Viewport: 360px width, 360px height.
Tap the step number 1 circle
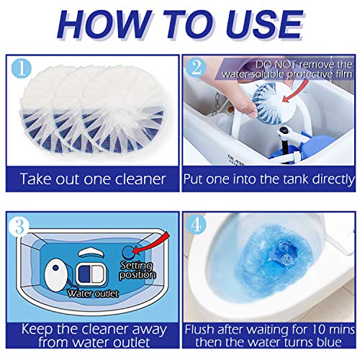(22, 68)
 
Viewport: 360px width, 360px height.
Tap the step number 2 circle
(197, 67)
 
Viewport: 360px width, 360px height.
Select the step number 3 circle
(19, 226)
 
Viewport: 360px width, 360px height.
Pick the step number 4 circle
(196, 225)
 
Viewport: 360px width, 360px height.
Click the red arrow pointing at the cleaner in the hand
(296, 91)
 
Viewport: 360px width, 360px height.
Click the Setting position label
(138, 270)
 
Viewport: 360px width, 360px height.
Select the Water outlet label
(93, 294)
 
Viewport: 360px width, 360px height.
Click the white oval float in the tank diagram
(55, 276)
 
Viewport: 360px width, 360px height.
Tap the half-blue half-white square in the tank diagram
(91, 274)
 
